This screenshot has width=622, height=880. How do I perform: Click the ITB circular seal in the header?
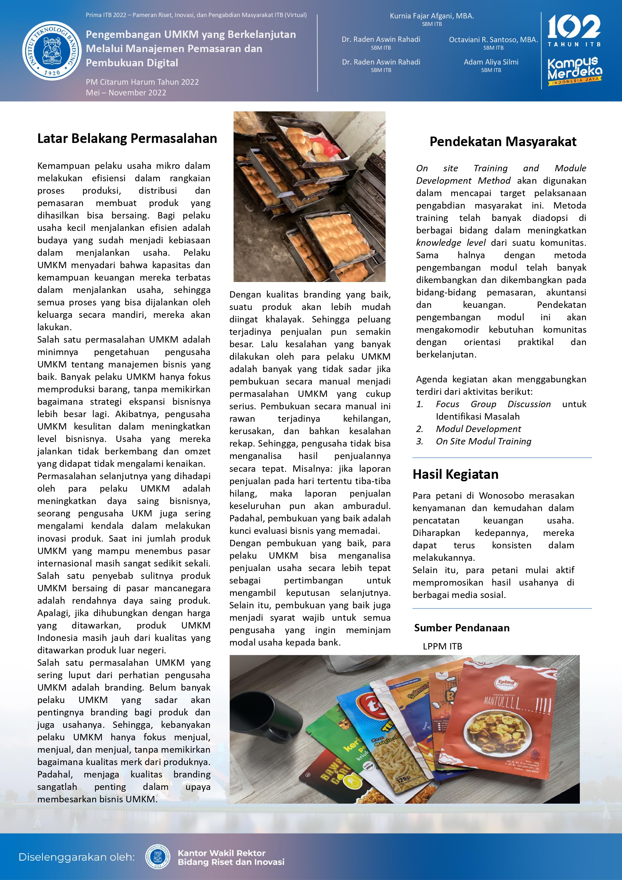coord(52,51)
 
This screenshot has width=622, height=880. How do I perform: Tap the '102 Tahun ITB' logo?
coord(574,31)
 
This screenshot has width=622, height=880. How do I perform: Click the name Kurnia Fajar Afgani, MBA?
coord(432,16)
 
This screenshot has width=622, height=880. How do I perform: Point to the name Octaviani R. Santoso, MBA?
coord(493,39)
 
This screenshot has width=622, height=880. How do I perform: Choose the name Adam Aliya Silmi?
coord(491,62)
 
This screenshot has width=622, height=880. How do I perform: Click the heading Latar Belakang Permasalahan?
coord(127,138)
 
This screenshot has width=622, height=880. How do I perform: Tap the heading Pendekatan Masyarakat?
coord(503,142)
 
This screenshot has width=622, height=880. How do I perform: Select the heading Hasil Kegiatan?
coord(455,475)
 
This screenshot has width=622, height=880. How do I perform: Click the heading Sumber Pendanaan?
coord(461,628)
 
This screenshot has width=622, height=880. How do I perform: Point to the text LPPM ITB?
coord(442,647)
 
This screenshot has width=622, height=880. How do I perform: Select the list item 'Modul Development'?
coord(478,429)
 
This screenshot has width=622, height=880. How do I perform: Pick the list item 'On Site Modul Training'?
coord(483,442)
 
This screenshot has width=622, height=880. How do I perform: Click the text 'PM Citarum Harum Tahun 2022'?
coord(142,82)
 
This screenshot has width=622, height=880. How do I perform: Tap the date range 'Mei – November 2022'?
coord(126,93)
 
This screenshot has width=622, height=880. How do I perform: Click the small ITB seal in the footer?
coord(158,857)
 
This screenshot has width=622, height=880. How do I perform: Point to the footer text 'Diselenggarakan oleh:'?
coord(77,857)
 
